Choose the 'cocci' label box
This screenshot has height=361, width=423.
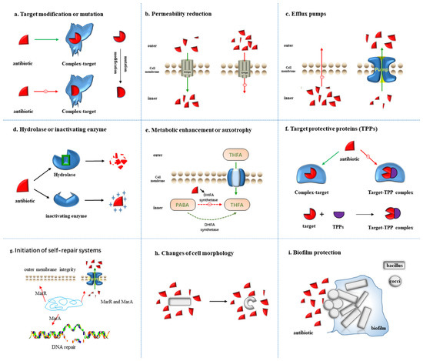tap(394, 282)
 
